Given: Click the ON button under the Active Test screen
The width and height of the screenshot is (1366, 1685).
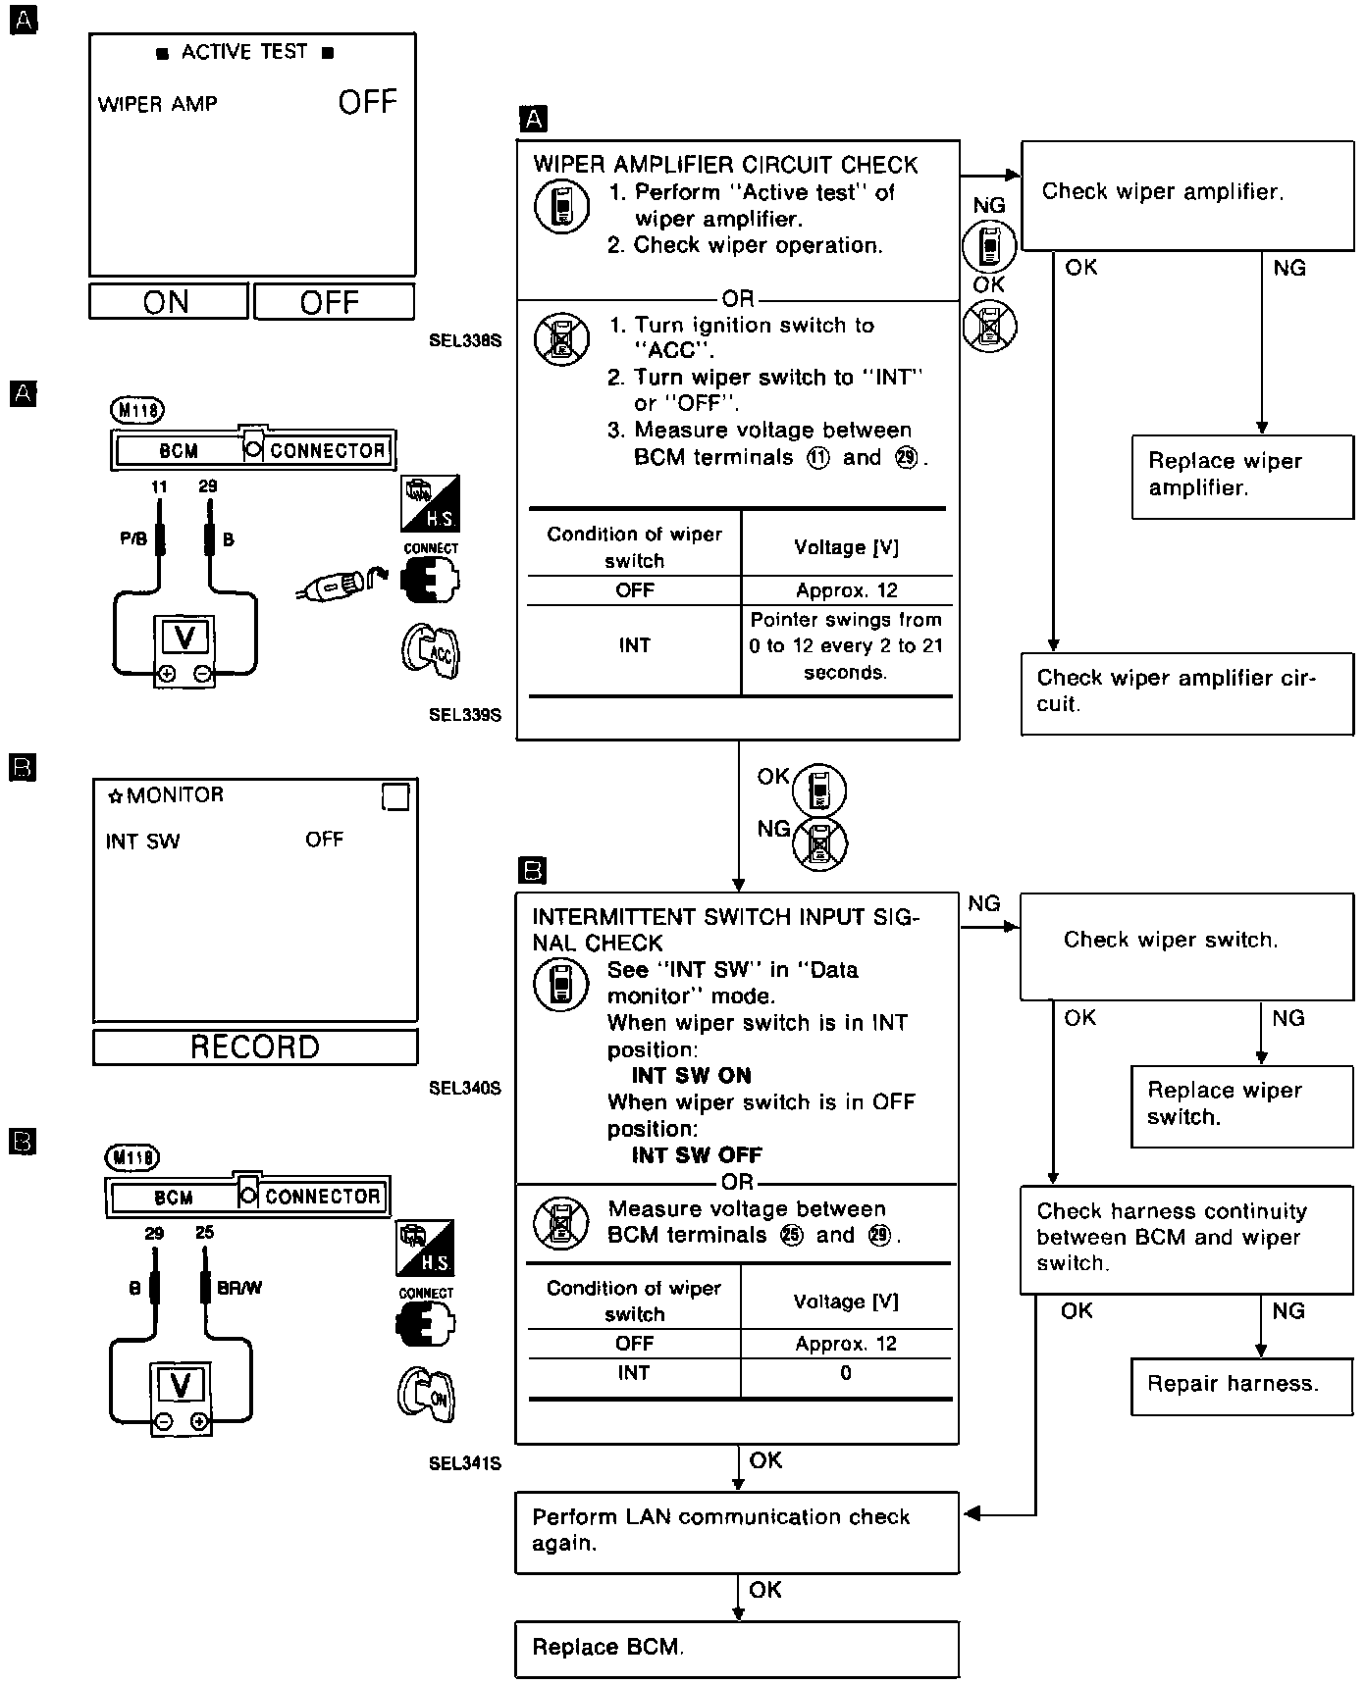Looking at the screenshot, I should coord(168,302).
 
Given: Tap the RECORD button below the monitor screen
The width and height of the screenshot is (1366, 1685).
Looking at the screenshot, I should coord(255,1047).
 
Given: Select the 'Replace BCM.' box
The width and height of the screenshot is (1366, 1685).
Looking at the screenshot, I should coord(736,1648).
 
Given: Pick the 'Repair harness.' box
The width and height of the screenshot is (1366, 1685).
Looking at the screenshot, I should coord(1241,1384).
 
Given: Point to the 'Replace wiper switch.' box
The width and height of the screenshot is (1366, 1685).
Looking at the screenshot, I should coord(1241,1104).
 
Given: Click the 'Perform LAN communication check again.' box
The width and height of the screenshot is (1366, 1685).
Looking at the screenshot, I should coord(736,1531).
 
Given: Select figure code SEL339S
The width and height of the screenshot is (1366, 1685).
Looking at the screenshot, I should coord(465,715).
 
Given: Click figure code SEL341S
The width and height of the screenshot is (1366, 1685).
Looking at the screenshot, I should coord(465,1463).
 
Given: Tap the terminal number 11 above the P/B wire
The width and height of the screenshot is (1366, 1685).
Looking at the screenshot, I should coord(159,486).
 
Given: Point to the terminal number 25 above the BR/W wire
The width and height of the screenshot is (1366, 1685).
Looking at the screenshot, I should coord(204,1233).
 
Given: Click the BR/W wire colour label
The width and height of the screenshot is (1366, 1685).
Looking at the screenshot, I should coord(239,1288).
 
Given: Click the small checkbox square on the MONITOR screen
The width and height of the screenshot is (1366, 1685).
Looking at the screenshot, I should coord(395,797).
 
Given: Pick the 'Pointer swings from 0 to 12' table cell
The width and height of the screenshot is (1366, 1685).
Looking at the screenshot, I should coord(846,646).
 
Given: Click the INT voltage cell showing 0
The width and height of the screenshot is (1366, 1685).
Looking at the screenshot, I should coord(846,1373).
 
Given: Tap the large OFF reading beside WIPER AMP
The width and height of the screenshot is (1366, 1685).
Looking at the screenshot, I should coord(368,102).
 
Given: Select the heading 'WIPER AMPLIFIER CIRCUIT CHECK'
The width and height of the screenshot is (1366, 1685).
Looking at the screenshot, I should coord(725,165).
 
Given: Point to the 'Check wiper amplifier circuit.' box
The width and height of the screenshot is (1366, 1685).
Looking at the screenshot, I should coord(1186,691).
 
